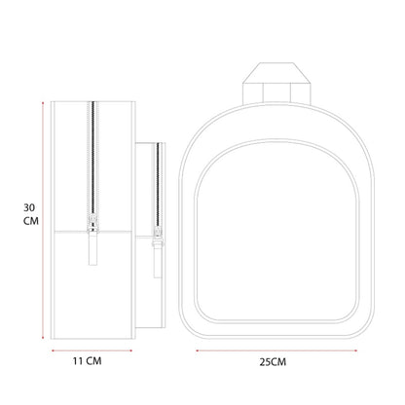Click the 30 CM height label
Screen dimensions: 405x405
tap(31, 214)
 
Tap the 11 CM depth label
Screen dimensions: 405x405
tap(87, 361)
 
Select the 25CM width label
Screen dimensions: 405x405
tap(273, 362)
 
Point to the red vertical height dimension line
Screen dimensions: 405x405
tap(43, 220)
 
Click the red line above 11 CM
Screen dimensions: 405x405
tap(92, 350)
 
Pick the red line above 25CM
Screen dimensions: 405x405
tap(276, 350)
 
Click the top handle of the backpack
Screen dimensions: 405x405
tap(276, 84)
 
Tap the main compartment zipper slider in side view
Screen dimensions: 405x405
tap(92, 223)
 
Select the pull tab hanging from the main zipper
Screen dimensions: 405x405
tap(93, 248)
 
